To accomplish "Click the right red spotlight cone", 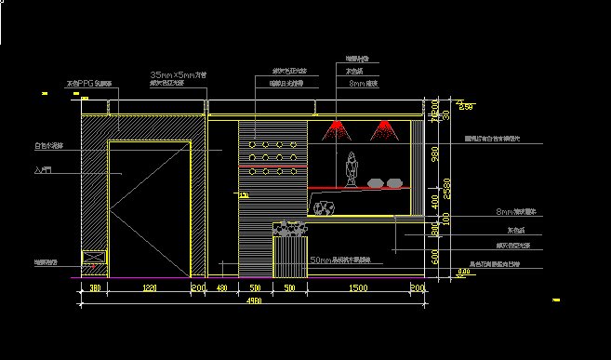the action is pyautogui.click(x=382, y=128).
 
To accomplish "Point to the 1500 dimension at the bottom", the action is pyautogui.click(x=357, y=289).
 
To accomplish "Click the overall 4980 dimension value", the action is pyautogui.click(x=253, y=300).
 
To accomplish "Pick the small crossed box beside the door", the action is pyautogui.click(x=92, y=261).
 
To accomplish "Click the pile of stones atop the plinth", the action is pyautogui.click(x=288, y=228).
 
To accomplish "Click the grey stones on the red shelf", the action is pyautogui.click(x=383, y=182).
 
